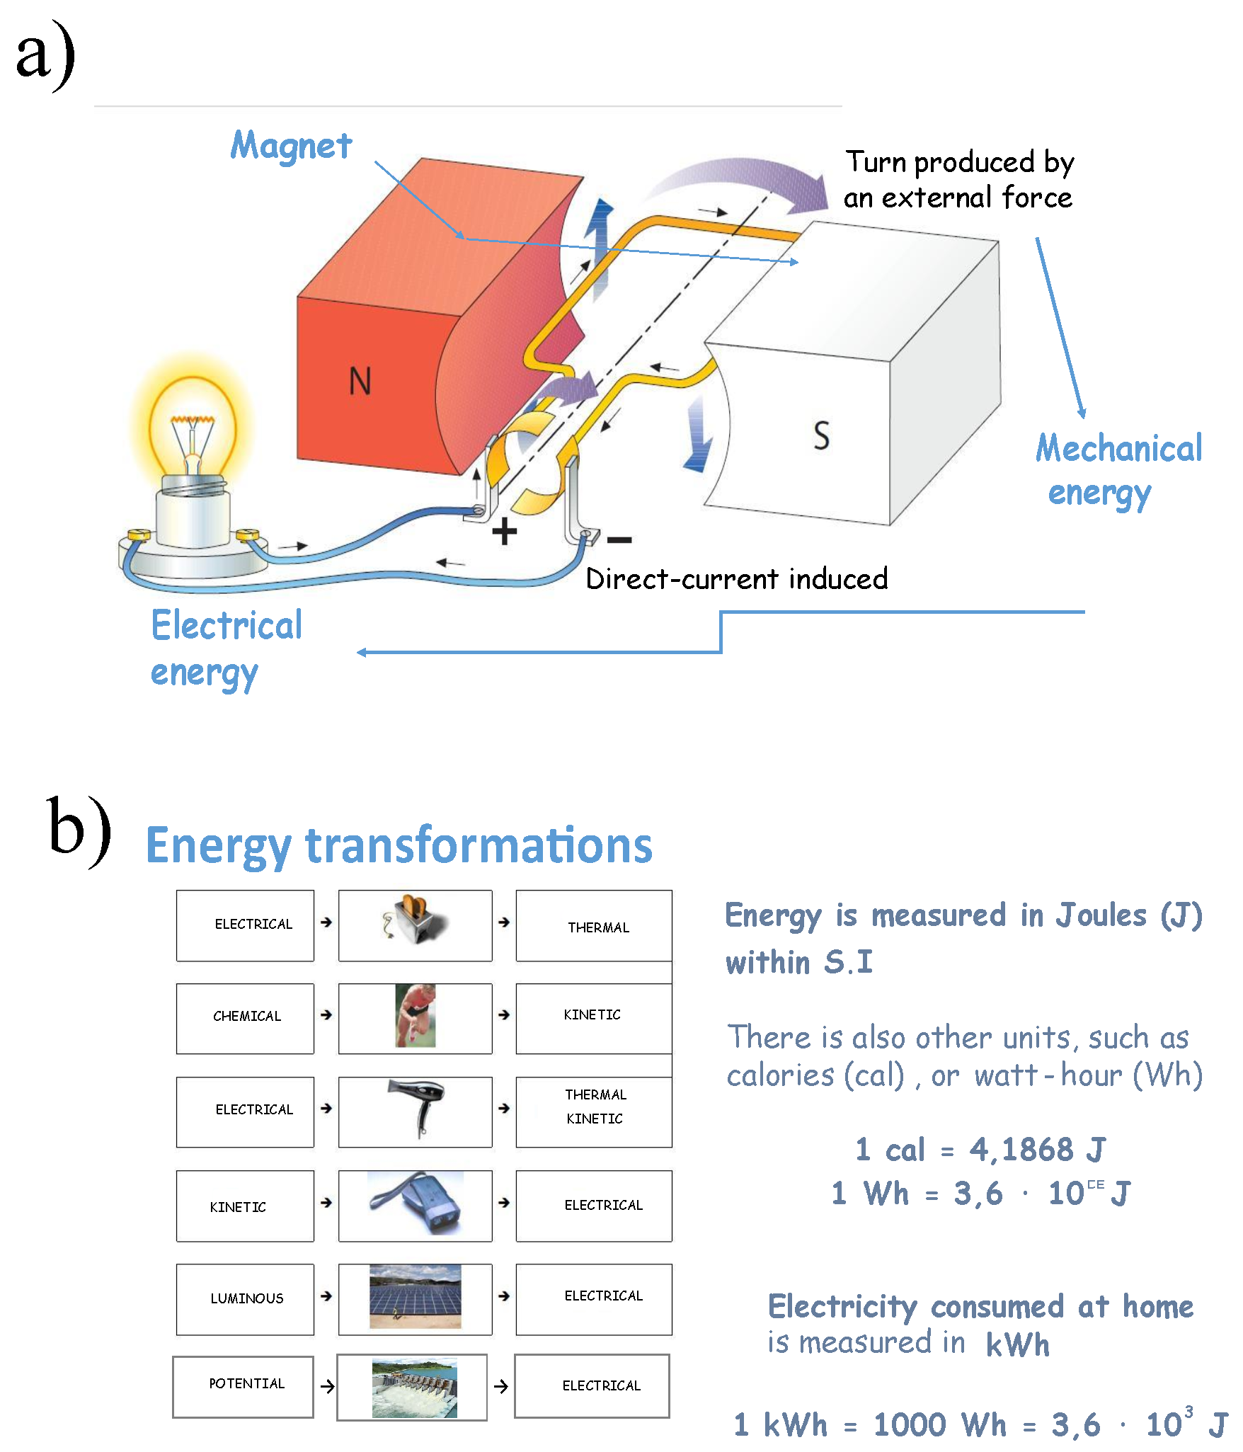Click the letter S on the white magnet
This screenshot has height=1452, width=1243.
click(821, 435)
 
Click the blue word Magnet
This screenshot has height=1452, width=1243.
click(291, 146)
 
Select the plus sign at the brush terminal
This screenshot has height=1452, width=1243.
click(504, 531)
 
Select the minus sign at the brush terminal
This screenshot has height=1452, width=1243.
click(619, 540)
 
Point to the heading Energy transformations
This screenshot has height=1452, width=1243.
click(399, 845)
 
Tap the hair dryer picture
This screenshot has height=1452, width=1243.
click(418, 1108)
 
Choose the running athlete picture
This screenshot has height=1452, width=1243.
click(416, 1016)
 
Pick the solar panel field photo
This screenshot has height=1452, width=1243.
click(416, 1296)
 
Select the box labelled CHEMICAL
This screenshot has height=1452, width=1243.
click(245, 1017)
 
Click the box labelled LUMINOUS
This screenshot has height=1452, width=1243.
click(245, 1299)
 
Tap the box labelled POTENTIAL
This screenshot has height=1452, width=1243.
click(244, 1385)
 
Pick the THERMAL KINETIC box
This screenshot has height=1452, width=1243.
click(594, 1108)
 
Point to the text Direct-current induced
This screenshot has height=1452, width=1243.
click(736, 579)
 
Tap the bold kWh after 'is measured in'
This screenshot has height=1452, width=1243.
click(1017, 1344)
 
